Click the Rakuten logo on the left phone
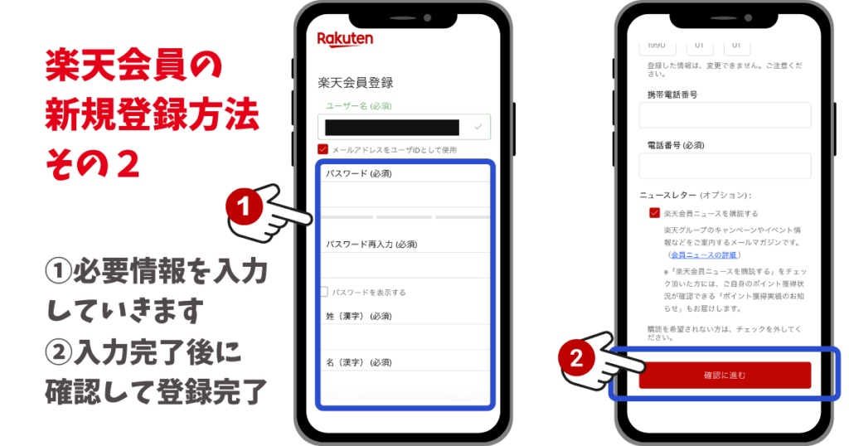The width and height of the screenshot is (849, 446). pyautogui.click(x=345, y=39)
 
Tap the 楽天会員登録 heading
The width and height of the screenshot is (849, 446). pyautogui.click(x=355, y=83)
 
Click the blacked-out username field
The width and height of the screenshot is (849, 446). pyautogui.click(x=392, y=127)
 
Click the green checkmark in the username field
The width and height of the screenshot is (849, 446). pyautogui.click(x=478, y=127)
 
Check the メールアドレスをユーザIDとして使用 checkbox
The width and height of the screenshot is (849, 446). pyautogui.click(x=323, y=150)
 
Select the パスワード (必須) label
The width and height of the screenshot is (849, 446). pyautogui.click(x=358, y=173)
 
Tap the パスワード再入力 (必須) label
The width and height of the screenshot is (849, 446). pyautogui.click(x=371, y=245)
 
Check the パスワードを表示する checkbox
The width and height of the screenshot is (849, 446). pyautogui.click(x=324, y=292)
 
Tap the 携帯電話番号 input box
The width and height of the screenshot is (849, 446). pyautogui.click(x=725, y=115)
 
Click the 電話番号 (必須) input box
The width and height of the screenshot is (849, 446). pyautogui.click(x=725, y=166)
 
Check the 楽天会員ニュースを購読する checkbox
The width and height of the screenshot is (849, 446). pyautogui.click(x=654, y=213)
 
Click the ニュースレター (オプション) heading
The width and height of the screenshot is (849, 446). pyautogui.click(x=695, y=195)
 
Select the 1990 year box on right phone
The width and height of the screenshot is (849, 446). pyautogui.click(x=657, y=45)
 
